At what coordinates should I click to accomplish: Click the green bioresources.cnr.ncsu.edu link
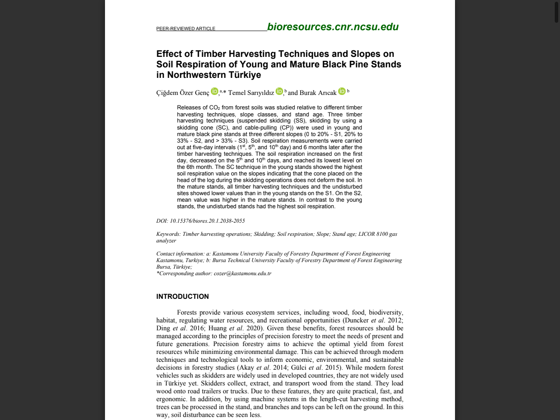[332, 27]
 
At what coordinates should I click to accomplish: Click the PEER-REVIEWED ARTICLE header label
[185, 29]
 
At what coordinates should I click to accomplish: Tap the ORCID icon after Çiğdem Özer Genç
[214, 91]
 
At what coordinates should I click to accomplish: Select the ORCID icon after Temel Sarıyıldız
[279, 91]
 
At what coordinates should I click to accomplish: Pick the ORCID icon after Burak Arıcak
[342, 91]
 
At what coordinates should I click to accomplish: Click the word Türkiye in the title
[245, 75]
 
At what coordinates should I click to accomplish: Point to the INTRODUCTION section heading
[182, 297]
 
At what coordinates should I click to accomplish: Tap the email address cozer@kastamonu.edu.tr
[242, 273]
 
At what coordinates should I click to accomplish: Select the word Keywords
[168, 234]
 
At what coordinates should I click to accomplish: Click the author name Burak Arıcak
[318, 93]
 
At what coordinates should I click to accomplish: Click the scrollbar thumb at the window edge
[556, 12]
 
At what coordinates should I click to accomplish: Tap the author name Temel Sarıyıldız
[251, 93]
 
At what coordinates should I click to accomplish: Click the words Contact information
[180, 254]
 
